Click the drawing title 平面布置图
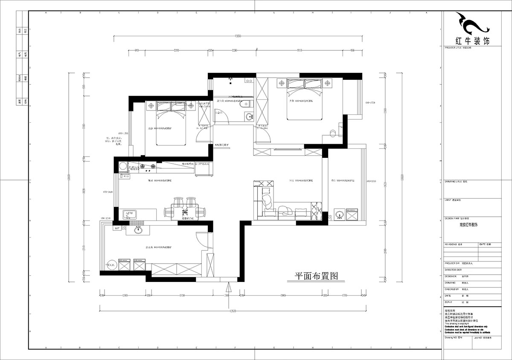click(313, 276)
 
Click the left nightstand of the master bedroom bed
click(281, 83)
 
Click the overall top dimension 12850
click(237, 37)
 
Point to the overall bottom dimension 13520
click(233, 311)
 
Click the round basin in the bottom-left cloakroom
click(138, 231)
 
